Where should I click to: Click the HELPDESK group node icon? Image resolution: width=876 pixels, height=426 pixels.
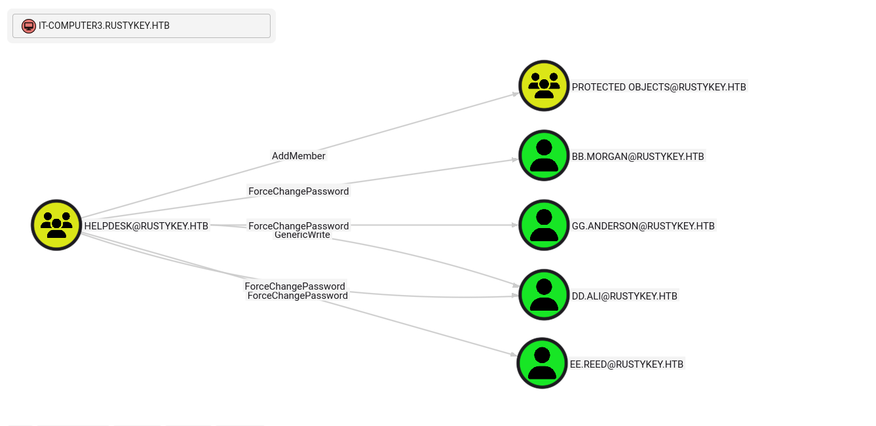(x=56, y=225)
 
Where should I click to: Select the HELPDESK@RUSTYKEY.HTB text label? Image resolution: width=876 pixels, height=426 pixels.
(x=146, y=226)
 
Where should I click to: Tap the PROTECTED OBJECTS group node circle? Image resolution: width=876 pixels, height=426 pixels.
(x=544, y=86)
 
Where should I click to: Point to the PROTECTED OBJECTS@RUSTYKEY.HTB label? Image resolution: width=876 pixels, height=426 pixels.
(x=658, y=87)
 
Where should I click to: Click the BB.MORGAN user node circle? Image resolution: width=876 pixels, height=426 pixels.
(x=544, y=155)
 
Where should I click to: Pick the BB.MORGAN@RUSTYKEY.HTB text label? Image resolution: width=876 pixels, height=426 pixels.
(x=638, y=157)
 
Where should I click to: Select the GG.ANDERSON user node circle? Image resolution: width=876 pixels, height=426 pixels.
(x=544, y=225)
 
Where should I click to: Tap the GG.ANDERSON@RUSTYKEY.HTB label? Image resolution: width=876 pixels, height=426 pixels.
(x=643, y=226)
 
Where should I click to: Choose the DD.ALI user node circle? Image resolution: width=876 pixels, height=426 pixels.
(x=544, y=295)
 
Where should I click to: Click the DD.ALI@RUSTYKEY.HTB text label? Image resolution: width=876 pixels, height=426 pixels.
(x=624, y=296)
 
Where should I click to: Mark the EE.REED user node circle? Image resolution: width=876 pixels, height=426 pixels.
(x=542, y=363)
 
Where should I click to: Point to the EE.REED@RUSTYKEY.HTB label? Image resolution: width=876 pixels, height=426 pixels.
(x=626, y=364)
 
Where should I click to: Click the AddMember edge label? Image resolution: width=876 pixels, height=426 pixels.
(x=299, y=156)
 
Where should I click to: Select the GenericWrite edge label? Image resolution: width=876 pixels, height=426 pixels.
(x=302, y=235)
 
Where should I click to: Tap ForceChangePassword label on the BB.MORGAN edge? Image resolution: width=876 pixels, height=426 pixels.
(x=299, y=191)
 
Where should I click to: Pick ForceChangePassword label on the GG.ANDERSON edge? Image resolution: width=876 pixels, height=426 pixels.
(x=299, y=226)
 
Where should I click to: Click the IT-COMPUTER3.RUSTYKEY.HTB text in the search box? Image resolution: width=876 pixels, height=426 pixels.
(x=104, y=26)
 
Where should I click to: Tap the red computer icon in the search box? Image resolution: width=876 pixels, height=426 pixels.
(x=28, y=26)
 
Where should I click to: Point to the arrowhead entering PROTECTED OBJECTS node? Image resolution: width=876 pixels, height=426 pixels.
(x=516, y=94)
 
